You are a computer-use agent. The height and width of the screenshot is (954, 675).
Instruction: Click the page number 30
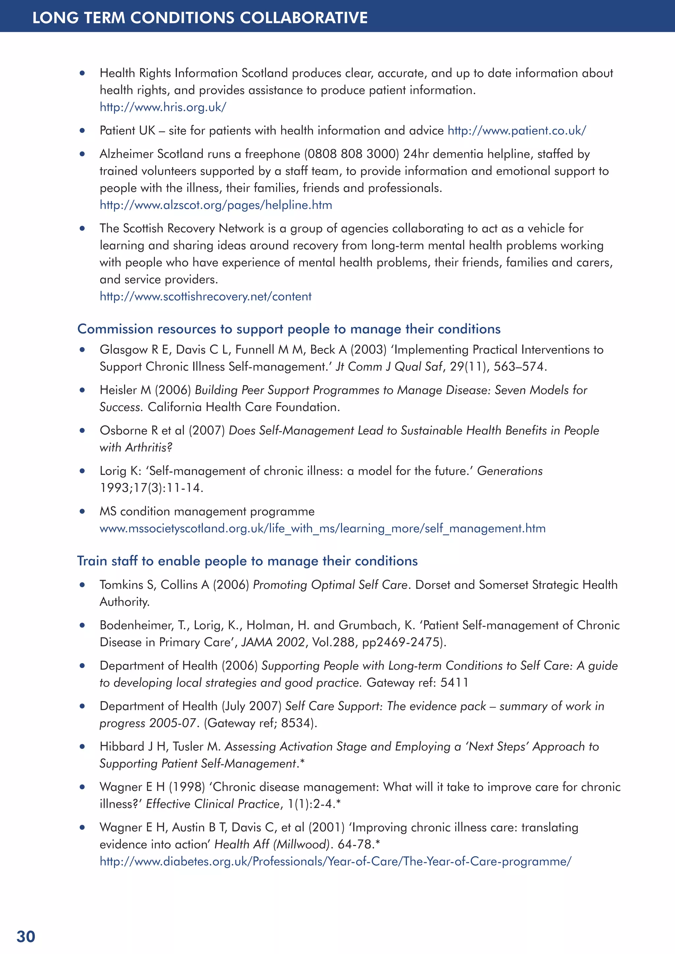coord(26,937)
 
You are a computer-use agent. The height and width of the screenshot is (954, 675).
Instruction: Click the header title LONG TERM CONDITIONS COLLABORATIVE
coord(200,17)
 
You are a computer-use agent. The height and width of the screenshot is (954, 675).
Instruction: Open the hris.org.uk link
coord(162,107)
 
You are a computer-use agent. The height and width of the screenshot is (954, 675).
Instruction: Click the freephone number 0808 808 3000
coord(352,154)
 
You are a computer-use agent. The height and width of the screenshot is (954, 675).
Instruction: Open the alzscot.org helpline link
coord(216,205)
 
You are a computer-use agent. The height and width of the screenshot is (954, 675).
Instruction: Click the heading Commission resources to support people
coord(288,329)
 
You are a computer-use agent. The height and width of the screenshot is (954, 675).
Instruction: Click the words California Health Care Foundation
coord(244,407)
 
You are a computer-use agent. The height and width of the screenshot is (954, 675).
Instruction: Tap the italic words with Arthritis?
coord(136,447)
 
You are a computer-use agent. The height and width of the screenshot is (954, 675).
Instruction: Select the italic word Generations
coord(510,471)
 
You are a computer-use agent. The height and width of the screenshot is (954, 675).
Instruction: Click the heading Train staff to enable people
coord(247,561)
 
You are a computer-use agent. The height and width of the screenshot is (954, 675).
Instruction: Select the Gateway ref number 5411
coord(454,683)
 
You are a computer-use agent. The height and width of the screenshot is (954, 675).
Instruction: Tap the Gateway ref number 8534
coord(296,723)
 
